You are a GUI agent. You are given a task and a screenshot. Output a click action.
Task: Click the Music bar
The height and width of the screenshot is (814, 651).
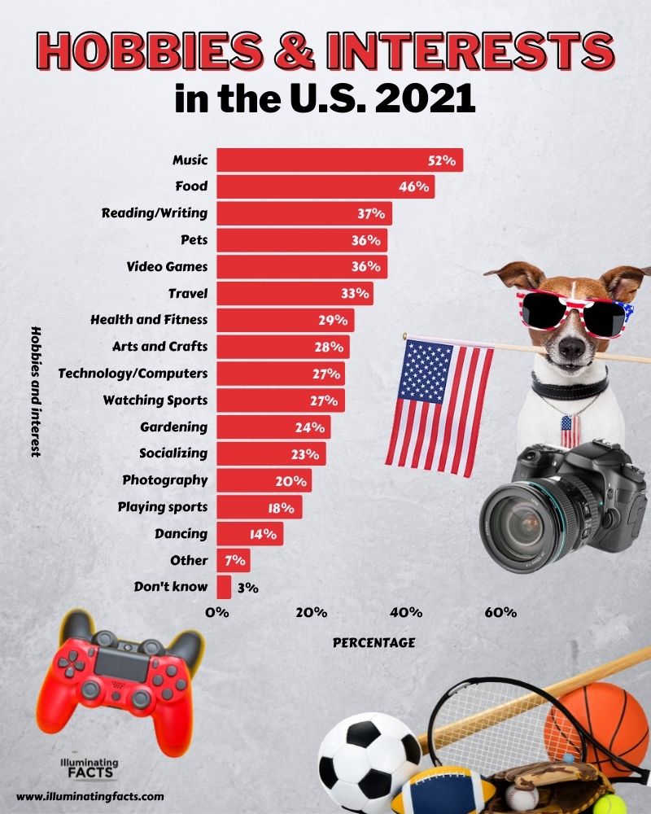click(338, 160)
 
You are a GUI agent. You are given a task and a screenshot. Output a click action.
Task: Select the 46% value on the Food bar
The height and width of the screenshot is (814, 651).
click(413, 187)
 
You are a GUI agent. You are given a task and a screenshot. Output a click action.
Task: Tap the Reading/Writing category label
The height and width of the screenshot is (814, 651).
click(154, 213)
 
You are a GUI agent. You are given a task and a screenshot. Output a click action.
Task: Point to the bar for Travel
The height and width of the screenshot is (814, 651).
click(293, 293)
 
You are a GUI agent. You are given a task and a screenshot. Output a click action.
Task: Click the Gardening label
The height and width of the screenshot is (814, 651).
click(173, 427)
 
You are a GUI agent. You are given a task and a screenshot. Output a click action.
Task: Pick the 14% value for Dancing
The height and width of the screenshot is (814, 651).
click(264, 535)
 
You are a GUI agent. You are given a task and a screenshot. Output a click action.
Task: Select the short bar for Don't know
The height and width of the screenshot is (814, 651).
click(223, 587)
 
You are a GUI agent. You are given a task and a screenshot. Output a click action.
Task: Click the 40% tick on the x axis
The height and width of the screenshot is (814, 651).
click(405, 612)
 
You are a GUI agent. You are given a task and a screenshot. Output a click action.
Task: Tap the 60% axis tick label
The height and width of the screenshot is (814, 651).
click(500, 612)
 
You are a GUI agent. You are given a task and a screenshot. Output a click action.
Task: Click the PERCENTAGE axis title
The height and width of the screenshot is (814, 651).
click(374, 642)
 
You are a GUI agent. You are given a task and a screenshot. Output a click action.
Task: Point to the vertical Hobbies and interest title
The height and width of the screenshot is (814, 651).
click(36, 392)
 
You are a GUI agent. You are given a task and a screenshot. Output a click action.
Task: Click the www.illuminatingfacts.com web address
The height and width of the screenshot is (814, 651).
click(90, 797)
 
